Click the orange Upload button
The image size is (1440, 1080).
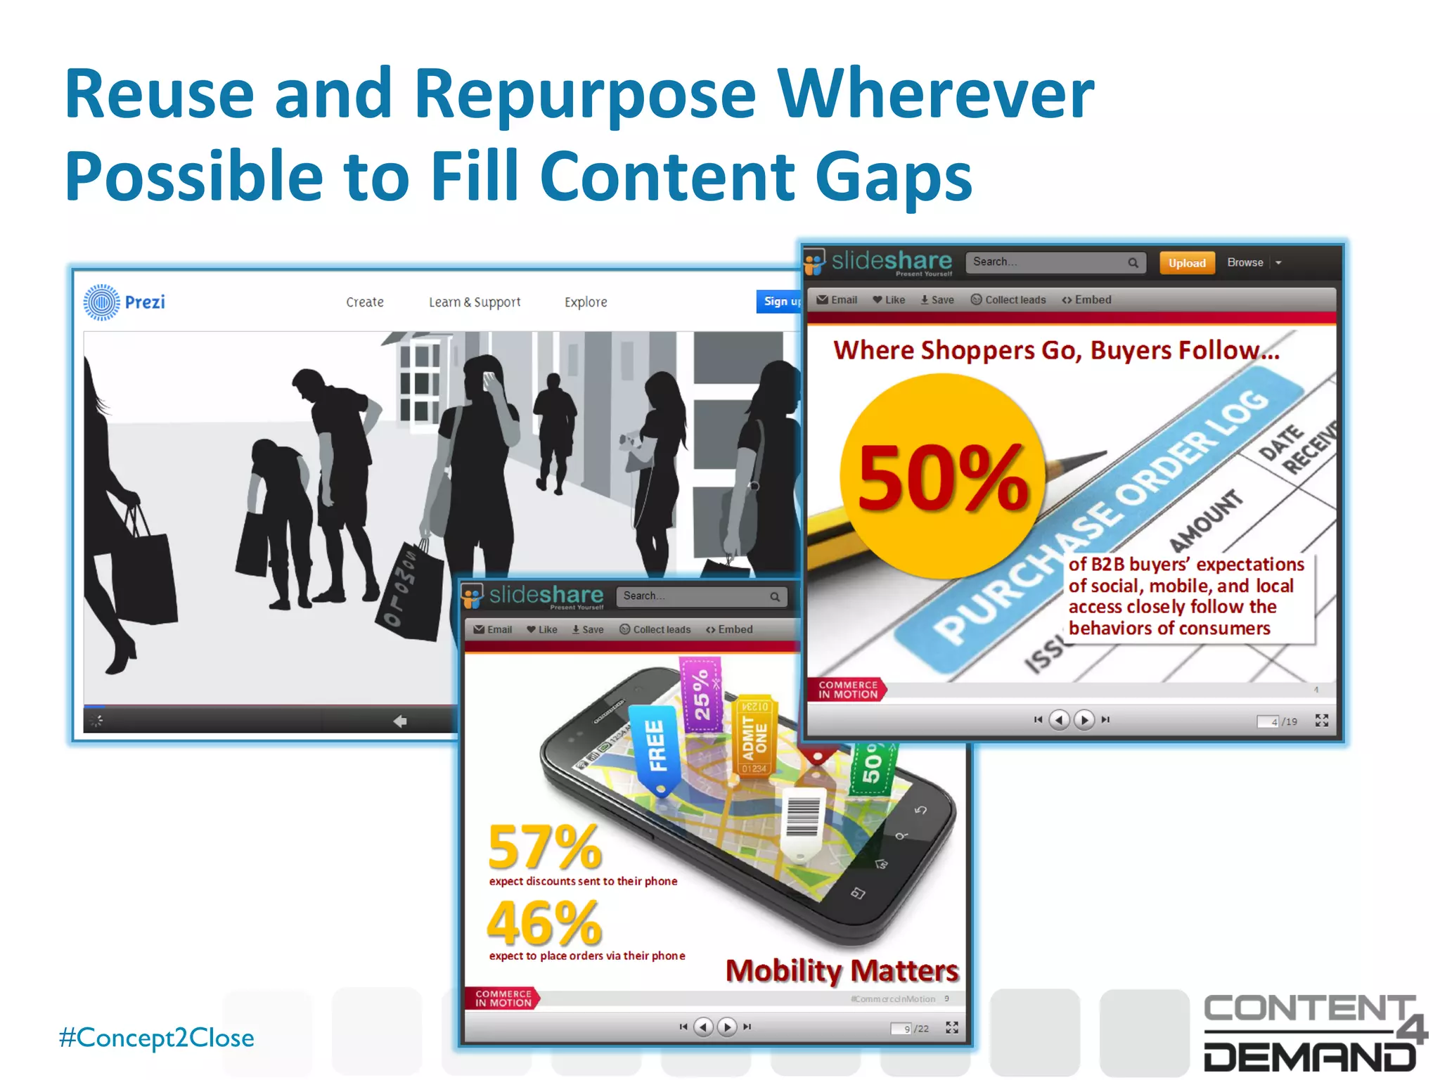[x=1187, y=263]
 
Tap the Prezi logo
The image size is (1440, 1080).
[x=124, y=302]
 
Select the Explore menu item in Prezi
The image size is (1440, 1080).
[x=586, y=302]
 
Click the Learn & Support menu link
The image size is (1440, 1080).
[x=475, y=302]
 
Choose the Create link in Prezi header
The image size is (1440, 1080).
[x=365, y=302]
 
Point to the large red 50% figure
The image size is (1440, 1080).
[x=942, y=478]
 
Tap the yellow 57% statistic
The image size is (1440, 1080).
[x=545, y=847]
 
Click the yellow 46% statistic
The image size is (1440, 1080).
[x=545, y=923]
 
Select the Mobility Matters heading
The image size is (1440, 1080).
[x=842, y=971]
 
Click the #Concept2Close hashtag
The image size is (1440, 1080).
[x=157, y=1038]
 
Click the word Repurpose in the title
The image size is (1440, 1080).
[x=585, y=95]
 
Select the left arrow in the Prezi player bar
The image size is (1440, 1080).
[x=400, y=721]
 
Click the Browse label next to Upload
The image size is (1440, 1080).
[x=1245, y=263]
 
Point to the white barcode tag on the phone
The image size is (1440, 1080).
[x=802, y=823]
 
